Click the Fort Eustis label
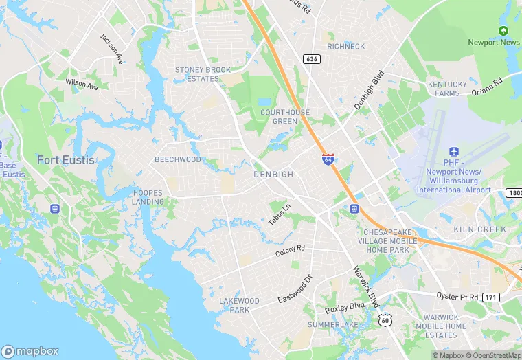(x=66, y=160)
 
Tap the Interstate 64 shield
(x=328, y=159)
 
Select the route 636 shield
(x=312, y=60)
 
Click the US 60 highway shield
(x=385, y=319)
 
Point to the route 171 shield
(x=491, y=296)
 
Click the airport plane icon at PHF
(x=453, y=152)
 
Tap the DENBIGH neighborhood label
(x=273, y=175)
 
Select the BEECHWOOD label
(x=178, y=159)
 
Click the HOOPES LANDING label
(x=148, y=198)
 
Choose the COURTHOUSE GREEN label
(x=284, y=117)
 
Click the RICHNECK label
(x=346, y=47)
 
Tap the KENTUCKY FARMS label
(x=447, y=89)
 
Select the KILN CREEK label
(x=480, y=229)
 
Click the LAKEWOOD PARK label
(x=240, y=305)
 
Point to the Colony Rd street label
(x=290, y=252)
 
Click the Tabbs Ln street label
(x=280, y=216)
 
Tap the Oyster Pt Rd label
(x=457, y=295)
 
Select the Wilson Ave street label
(x=82, y=84)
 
